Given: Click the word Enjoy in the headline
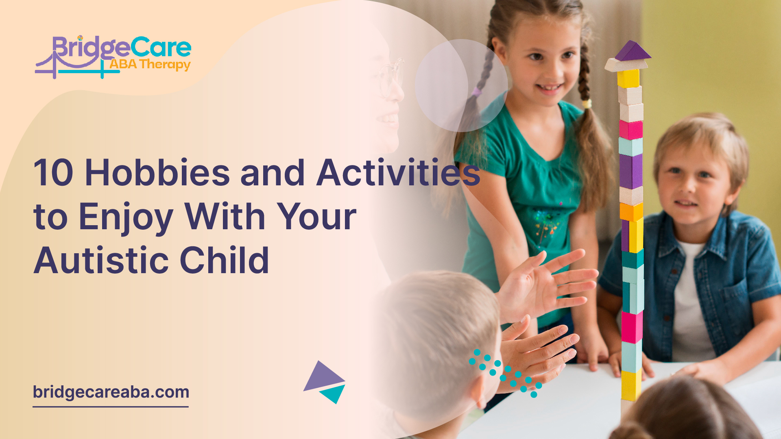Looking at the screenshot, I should tap(126, 217).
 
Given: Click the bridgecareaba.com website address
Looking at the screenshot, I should tap(111, 392).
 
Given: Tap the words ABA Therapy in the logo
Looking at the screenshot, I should tap(150, 64).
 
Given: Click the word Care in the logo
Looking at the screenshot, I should tap(161, 48).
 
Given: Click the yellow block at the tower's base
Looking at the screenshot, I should tap(631, 385).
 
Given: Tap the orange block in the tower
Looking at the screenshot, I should tap(631, 211).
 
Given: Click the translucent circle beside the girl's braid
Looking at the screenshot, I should tap(461, 85).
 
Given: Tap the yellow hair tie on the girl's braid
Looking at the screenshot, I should tap(586, 104).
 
